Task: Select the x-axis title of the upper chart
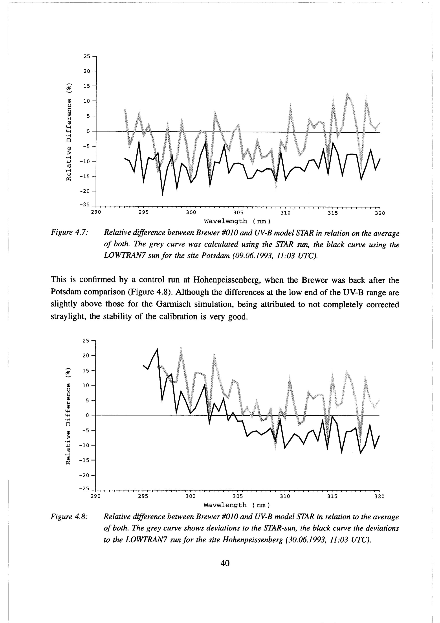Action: coord(237,221)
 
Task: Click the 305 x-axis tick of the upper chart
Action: coord(238,213)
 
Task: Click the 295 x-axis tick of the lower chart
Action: coord(143,497)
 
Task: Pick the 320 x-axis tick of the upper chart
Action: coord(380,213)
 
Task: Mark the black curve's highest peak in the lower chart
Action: coord(158,349)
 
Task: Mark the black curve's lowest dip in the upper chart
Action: coord(163,195)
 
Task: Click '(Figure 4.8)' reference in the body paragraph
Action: coord(150,292)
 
